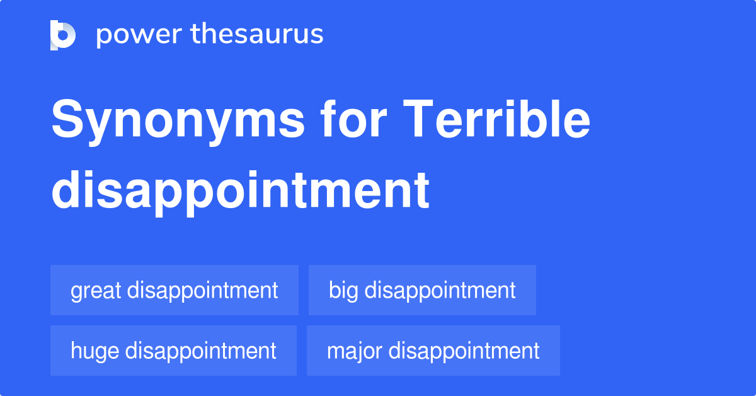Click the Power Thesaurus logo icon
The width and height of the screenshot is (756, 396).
click(63, 35)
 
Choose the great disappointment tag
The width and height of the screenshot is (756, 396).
click(175, 290)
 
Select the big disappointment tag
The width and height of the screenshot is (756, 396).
click(422, 290)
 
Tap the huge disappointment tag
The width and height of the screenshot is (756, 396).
click(173, 351)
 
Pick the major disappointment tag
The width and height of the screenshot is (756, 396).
click(433, 351)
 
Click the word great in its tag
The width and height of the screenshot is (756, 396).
click(96, 291)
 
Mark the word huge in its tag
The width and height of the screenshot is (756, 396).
click(95, 351)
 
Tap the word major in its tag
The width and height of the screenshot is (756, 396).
click(354, 351)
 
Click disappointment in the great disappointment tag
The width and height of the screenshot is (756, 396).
click(202, 291)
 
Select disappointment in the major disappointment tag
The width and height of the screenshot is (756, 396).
click(464, 351)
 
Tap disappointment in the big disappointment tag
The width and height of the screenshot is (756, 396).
click(440, 291)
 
